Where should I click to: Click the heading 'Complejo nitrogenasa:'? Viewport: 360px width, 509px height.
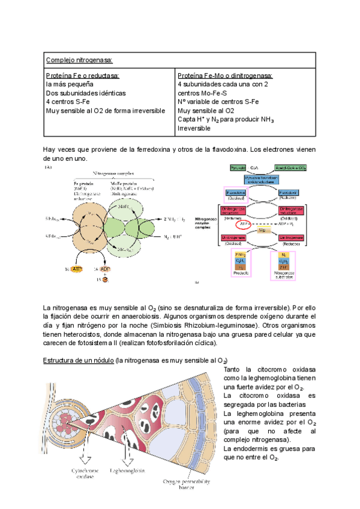(x=79, y=60)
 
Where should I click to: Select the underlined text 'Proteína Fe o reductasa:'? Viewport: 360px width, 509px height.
(x=83, y=76)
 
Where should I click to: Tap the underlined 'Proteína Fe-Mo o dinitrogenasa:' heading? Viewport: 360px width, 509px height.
(x=225, y=76)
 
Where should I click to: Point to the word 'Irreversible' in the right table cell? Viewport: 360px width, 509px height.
(x=194, y=128)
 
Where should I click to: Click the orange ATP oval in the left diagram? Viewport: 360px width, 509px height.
(x=76, y=270)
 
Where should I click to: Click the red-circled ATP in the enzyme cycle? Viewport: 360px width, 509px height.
(x=242, y=224)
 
